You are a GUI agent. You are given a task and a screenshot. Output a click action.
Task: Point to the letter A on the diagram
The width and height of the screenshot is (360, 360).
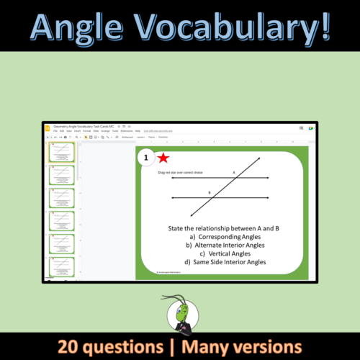(x=233, y=173)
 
